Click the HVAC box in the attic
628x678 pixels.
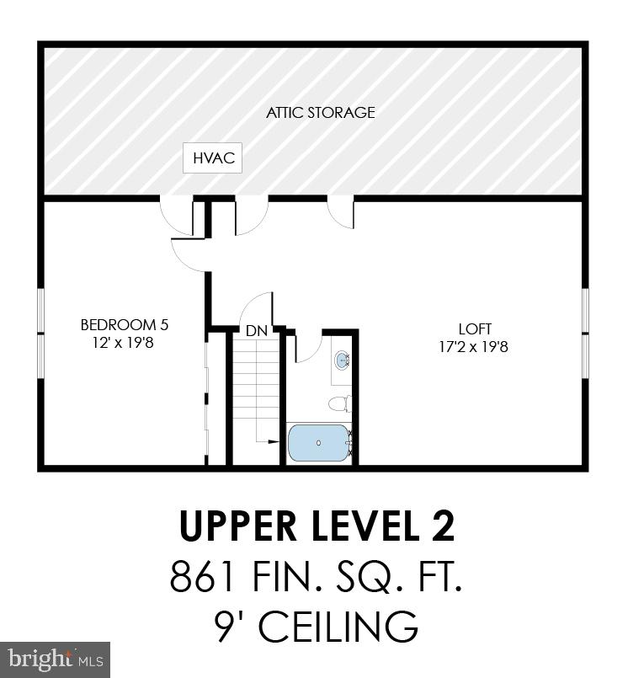tap(213, 157)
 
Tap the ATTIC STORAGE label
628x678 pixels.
tap(321, 112)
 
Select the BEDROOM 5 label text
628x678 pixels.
tap(118, 324)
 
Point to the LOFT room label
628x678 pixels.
tap(475, 328)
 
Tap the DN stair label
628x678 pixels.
tap(257, 331)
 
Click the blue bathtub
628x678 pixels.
tap(318, 442)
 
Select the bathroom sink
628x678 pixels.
tap(343, 361)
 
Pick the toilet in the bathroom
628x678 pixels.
tap(338, 403)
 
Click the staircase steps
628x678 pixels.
tap(255, 387)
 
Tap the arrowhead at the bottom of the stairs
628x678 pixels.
tap(276, 440)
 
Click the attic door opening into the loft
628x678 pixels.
tap(341, 211)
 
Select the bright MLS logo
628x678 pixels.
tap(55, 659)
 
